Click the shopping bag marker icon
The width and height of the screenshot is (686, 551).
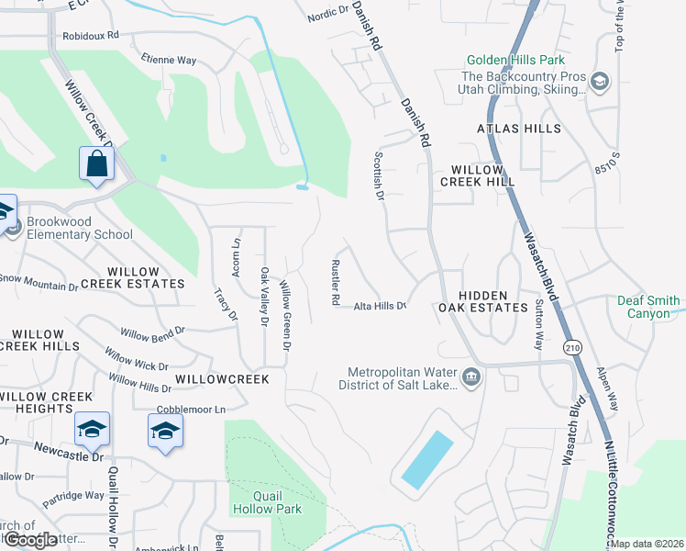[96, 165]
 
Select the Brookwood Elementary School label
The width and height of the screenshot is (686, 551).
[80, 228]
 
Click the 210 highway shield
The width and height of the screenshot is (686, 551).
[573, 347]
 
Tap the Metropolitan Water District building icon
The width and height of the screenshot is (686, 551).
[471, 377]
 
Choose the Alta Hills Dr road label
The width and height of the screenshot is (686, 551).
[380, 306]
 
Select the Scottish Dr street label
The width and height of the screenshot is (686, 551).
[377, 175]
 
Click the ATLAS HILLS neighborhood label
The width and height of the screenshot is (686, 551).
[518, 129]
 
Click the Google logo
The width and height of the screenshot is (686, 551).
[29, 540]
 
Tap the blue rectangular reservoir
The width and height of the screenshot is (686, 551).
[427, 460]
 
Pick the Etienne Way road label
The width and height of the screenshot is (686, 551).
[169, 61]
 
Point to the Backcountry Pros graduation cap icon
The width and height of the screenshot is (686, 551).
[600, 83]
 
